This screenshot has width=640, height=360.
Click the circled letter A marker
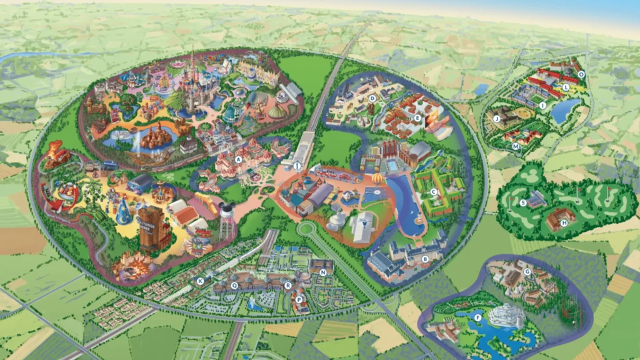click(x=239, y=159)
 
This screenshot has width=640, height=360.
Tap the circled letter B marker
click(x=424, y=258)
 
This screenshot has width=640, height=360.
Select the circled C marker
click(x=434, y=191)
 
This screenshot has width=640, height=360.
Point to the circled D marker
click(x=372, y=98)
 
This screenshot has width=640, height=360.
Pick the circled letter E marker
click(x=417, y=117)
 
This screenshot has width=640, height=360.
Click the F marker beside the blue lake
click(x=478, y=317)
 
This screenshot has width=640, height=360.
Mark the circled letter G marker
click(x=527, y=272)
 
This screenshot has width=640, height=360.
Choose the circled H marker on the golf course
click(x=564, y=222)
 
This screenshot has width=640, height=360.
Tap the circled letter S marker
click(x=523, y=202)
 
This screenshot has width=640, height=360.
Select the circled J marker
click(x=497, y=117)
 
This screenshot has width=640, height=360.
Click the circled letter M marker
click(x=516, y=146)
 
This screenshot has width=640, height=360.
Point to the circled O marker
click(x=581, y=74)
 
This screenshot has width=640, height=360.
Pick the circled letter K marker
click(x=200, y=281)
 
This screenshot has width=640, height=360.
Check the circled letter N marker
click(x=323, y=272)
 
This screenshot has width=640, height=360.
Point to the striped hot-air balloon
click(x=377, y=180)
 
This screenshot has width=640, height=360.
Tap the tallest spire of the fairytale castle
click(x=192, y=62)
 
